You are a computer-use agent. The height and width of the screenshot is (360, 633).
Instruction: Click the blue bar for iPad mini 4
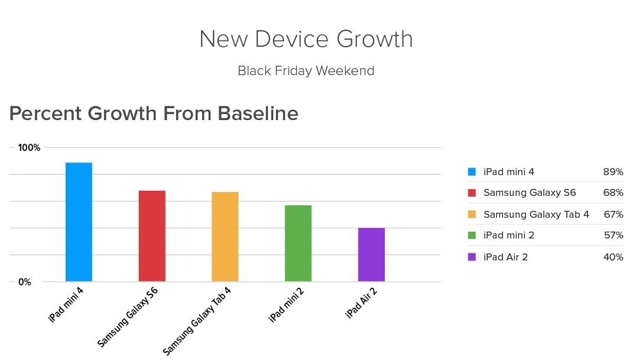(x=79, y=222)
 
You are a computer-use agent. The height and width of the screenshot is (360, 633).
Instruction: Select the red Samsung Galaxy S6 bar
(x=152, y=236)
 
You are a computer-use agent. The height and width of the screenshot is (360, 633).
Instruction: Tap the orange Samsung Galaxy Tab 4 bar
(x=225, y=237)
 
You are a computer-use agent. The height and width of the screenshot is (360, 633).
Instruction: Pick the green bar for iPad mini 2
(x=298, y=244)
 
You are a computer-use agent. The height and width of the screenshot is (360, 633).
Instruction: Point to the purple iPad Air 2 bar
(x=371, y=255)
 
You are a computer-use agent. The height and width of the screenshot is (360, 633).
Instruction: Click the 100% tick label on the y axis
(x=29, y=148)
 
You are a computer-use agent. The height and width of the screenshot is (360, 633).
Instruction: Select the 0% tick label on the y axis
(x=25, y=282)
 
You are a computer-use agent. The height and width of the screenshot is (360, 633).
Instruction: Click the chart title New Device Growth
(x=306, y=39)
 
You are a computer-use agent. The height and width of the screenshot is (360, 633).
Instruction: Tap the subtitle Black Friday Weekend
(x=306, y=70)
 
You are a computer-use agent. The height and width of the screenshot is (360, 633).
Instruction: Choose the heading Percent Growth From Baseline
(x=154, y=113)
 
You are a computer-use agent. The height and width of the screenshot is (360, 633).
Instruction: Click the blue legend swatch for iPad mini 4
(x=472, y=172)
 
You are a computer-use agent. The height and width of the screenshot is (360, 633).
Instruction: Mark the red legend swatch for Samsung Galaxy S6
(x=472, y=193)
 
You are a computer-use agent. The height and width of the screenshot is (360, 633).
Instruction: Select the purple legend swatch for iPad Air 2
(x=472, y=257)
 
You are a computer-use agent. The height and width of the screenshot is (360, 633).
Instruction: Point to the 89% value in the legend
(x=613, y=172)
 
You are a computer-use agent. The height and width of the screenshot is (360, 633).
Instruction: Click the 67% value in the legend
(x=613, y=215)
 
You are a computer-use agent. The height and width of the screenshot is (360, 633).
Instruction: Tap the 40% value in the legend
(x=613, y=257)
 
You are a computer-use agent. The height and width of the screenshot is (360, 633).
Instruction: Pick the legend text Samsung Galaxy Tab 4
(x=536, y=215)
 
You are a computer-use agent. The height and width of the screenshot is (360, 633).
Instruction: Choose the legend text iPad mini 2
(x=509, y=235)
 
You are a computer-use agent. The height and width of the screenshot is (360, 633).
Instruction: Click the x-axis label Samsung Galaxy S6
(x=127, y=317)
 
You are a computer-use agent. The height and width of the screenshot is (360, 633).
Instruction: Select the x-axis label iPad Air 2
(x=361, y=303)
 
